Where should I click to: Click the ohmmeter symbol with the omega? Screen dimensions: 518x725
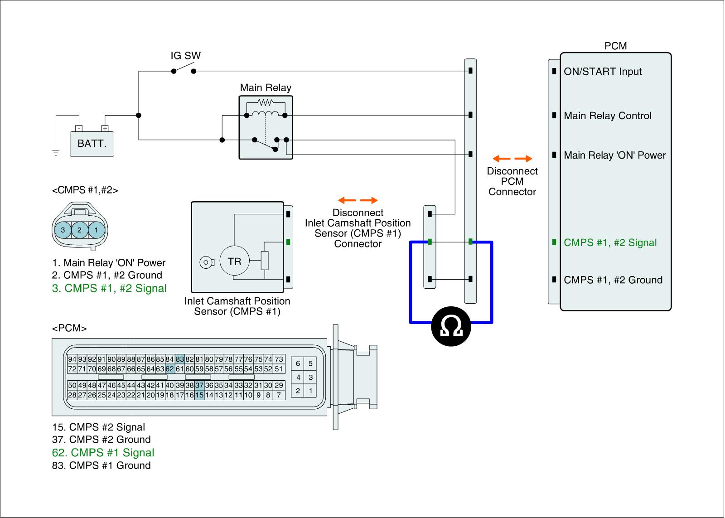click(x=451, y=326)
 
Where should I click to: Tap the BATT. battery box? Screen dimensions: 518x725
click(x=92, y=144)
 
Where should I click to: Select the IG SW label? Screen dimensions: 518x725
click(x=185, y=56)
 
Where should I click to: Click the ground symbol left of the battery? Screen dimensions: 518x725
click(x=56, y=153)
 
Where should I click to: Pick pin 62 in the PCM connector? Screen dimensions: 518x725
click(x=170, y=369)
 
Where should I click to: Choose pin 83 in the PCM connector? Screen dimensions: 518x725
click(x=180, y=359)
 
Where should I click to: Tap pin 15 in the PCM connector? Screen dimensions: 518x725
click(x=199, y=395)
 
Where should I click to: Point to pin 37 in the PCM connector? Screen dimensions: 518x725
click(x=199, y=385)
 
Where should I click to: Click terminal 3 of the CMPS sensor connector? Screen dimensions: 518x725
click(x=63, y=230)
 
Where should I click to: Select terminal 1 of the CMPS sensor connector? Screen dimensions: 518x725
click(x=96, y=230)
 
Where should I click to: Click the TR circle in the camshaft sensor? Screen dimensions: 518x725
click(x=234, y=261)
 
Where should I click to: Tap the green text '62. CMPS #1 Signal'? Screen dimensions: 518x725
click(x=103, y=453)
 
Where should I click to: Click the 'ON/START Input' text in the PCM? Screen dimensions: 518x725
click(x=603, y=72)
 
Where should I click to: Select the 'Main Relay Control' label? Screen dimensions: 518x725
click(x=608, y=116)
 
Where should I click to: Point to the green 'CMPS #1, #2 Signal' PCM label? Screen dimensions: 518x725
click(x=610, y=242)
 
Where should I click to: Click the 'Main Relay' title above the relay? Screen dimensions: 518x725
click(x=266, y=88)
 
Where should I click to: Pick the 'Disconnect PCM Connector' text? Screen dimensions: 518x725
click(x=512, y=181)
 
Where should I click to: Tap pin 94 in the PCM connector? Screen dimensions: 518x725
click(x=72, y=359)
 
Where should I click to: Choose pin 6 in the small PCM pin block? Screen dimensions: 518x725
click(x=298, y=363)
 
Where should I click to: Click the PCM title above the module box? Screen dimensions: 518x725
click(x=615, y=46)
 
